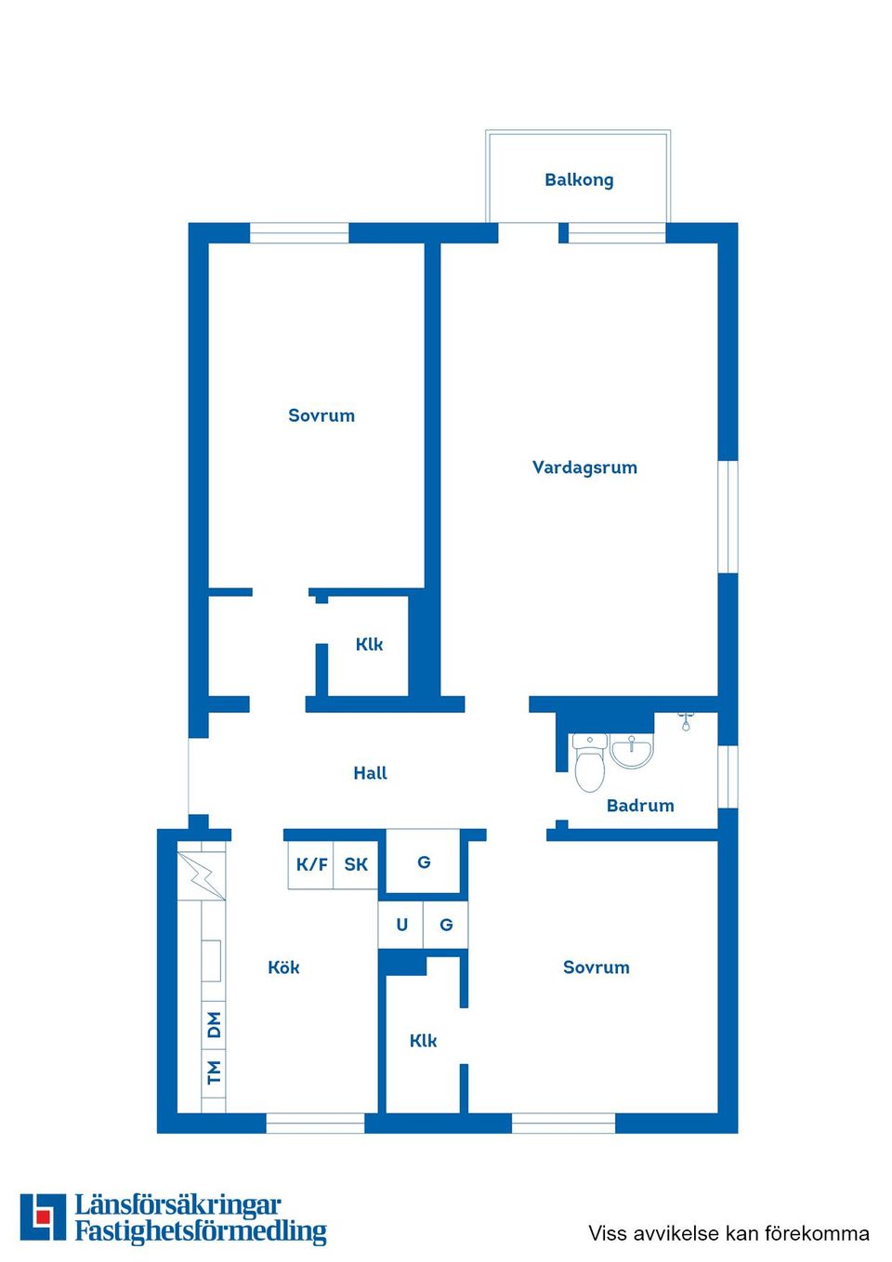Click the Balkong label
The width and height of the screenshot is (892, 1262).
579,179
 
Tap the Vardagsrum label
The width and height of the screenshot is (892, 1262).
584,467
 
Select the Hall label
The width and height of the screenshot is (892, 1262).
370,773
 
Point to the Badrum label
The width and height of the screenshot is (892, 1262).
640,806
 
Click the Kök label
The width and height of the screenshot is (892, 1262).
283,967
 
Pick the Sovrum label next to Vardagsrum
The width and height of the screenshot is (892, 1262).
321,415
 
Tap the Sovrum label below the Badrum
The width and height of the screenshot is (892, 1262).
596,967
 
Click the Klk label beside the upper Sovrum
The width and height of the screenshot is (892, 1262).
369,644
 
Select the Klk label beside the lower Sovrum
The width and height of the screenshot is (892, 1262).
423,1041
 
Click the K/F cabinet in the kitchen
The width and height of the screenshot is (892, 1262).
311,864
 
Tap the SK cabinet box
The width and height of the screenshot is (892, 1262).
356,864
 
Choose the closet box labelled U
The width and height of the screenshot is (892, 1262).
401,925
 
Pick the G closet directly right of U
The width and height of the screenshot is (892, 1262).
446,925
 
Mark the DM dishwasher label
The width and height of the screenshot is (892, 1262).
215,1025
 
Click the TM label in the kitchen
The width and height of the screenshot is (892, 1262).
215,1072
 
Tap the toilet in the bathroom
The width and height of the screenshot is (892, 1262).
589,764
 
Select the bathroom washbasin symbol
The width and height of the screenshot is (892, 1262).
633,751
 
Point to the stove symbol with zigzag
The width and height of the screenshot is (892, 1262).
203,875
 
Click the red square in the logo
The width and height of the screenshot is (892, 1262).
43,1216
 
